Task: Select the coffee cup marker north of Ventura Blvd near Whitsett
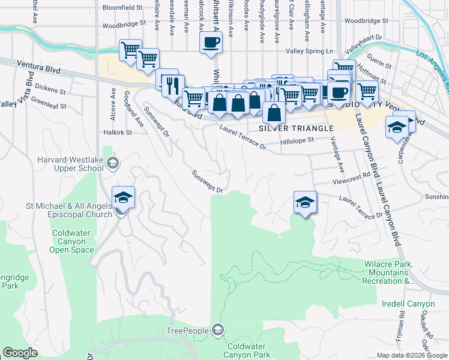(211, 43)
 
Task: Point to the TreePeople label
(187, 331)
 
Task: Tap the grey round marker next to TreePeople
(217, 330)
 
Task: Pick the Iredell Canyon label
(408, 304)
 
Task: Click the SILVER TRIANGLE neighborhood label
(296, 128)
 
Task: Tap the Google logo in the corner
(21, 353)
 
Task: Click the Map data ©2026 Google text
(412, 355)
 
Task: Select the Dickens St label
(50, 89)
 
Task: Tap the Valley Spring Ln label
(309, 52)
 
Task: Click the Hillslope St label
(298, 140)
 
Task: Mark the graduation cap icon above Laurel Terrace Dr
(305, 202)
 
